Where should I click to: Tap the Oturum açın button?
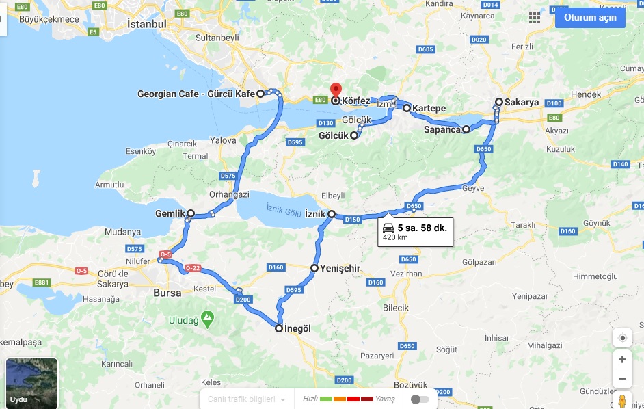(589, 17)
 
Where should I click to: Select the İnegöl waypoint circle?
(279, 328)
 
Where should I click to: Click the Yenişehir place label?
(340, 269)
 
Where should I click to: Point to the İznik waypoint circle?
(332, 214)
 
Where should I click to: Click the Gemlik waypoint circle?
(191, 214)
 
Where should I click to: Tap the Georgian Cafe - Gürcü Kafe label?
(196, 94)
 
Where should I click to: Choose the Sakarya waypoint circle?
(499, 102)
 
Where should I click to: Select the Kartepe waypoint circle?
(406, 108)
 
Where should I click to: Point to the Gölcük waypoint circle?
(354, 135)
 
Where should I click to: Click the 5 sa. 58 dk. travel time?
(422, 227)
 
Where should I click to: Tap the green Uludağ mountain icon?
(207, 317)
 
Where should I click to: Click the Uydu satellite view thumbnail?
(31, 383)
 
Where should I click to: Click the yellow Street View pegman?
(622, 400)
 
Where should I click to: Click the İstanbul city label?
(146, 24)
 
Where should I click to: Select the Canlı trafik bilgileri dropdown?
(247, 399)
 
